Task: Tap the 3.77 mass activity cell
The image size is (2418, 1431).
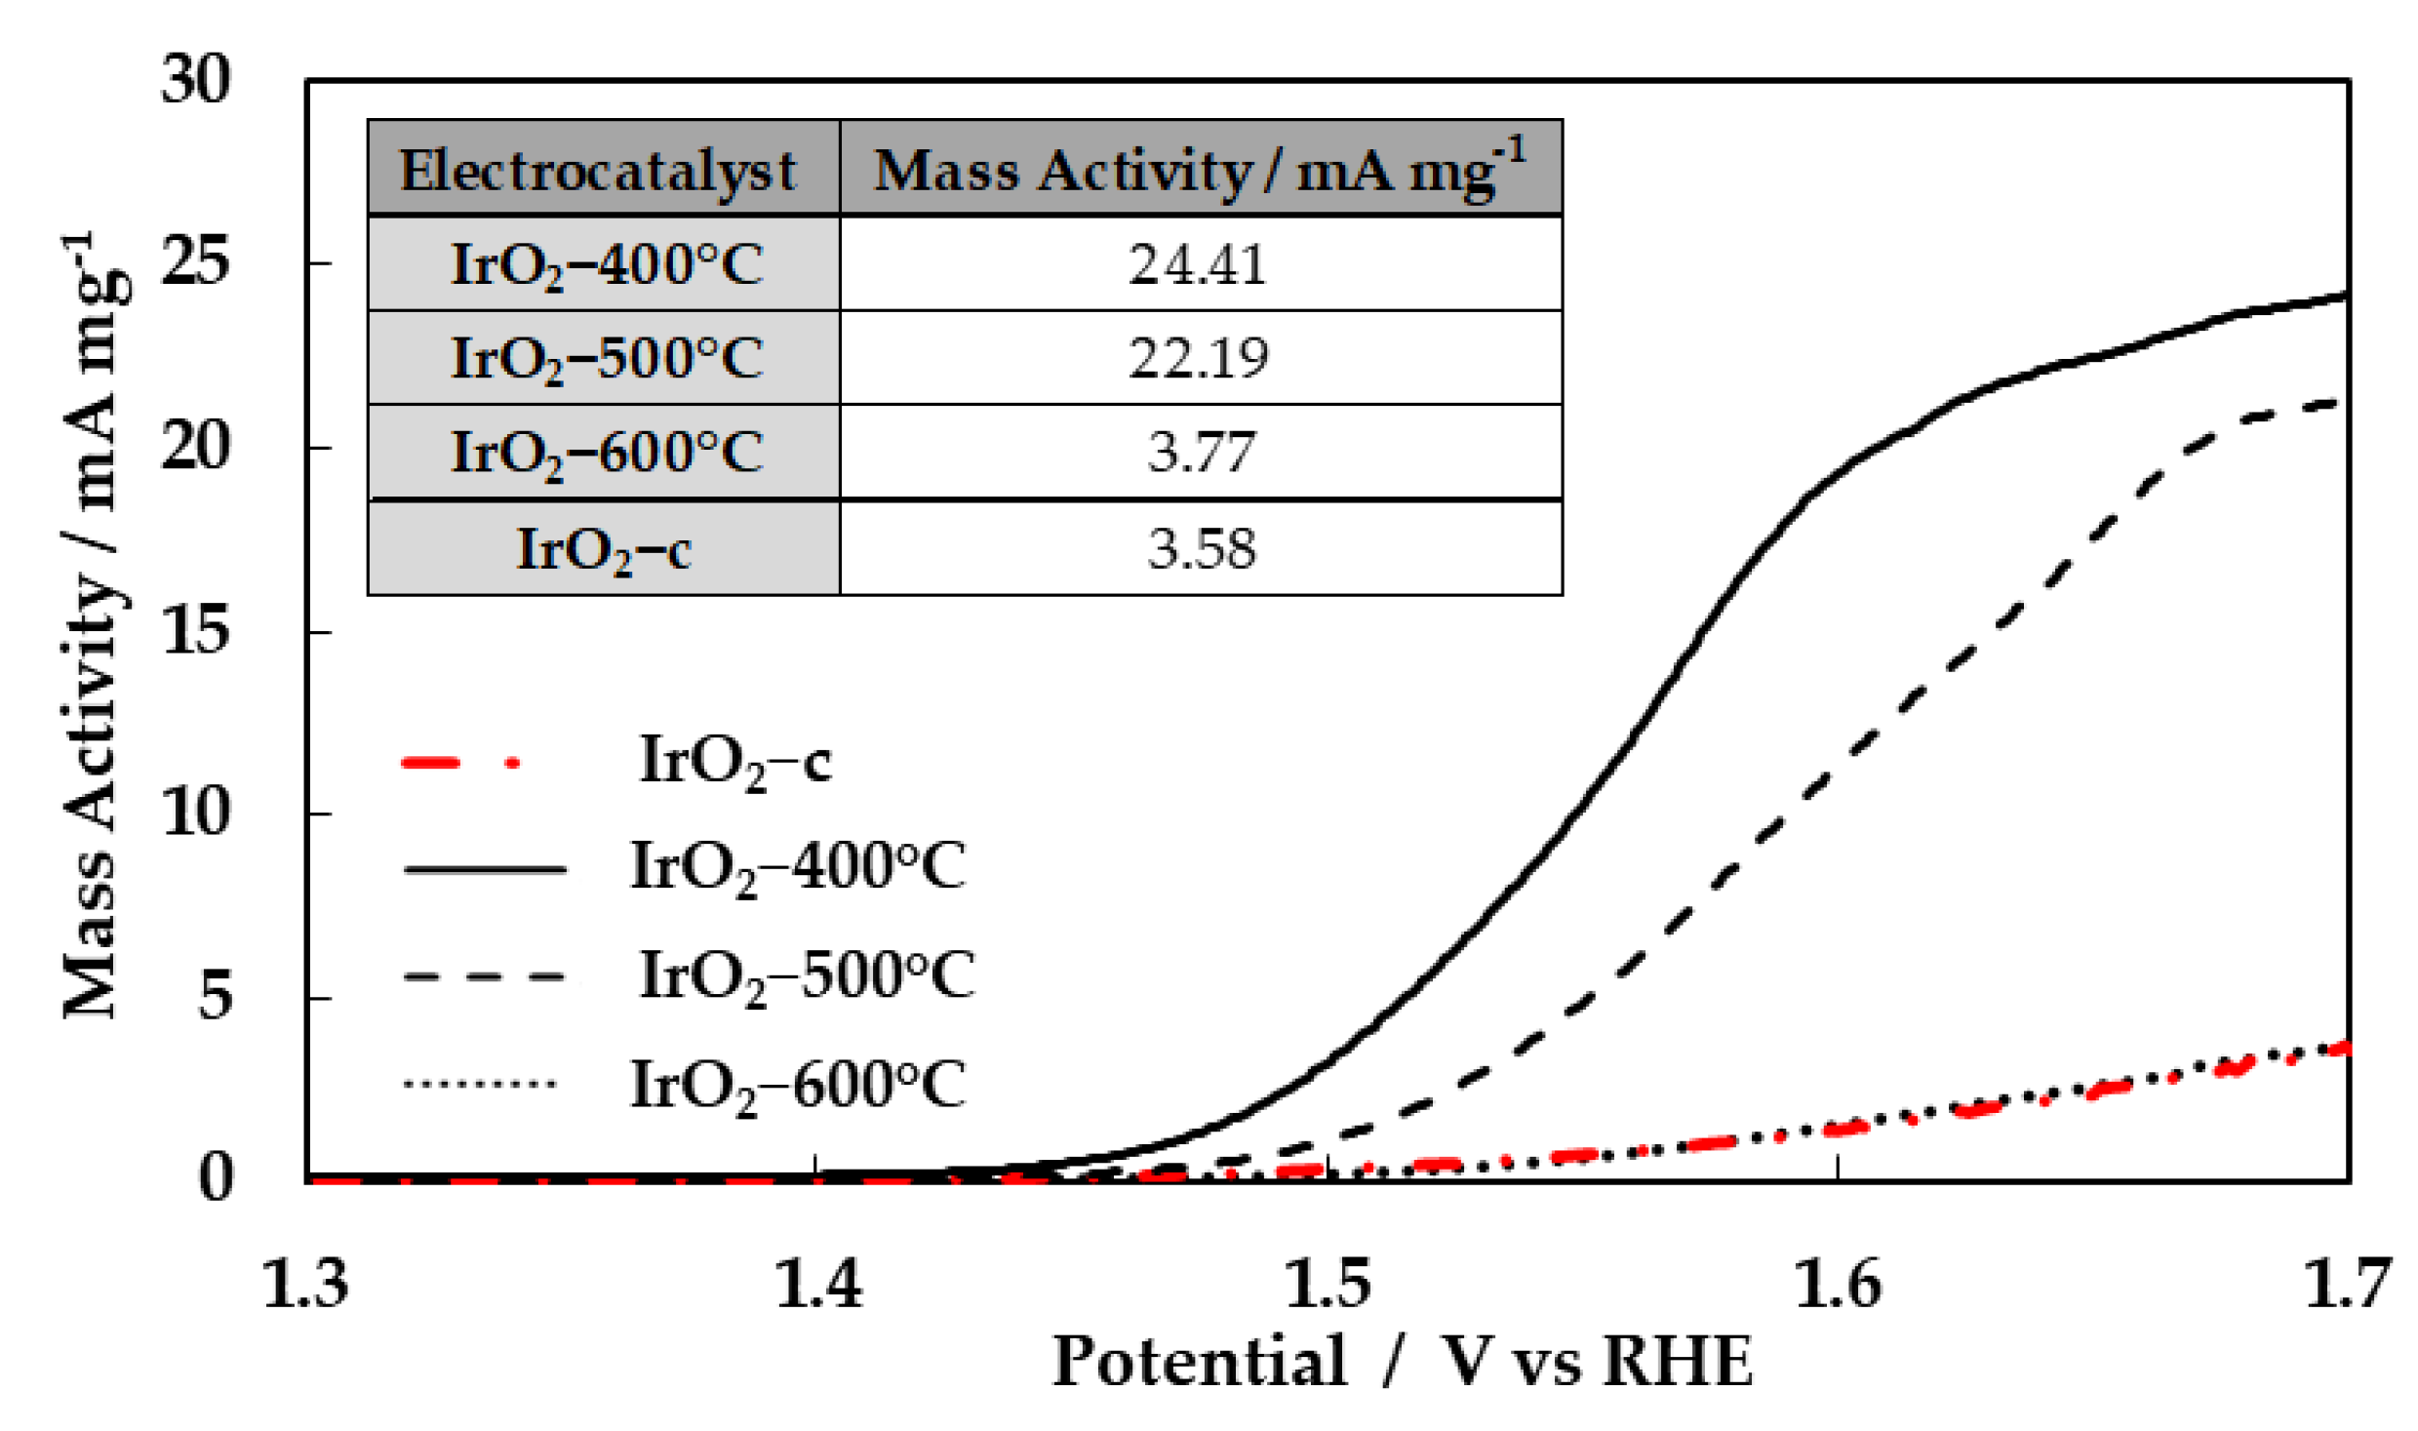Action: (x=1200, y=451)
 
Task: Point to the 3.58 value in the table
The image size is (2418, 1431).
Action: (x=1200, y=548)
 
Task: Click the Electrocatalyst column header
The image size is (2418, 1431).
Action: (x=598, y=170)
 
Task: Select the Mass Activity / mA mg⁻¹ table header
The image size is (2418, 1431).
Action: (x=1199, y=170)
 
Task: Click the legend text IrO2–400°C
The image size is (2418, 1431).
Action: (x=798, y=866)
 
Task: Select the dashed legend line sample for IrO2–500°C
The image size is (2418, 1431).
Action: (x=484, y=975)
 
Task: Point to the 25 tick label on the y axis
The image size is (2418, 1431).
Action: (x=196, y=261)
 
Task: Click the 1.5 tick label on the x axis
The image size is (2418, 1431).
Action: (x=1328, y=1284)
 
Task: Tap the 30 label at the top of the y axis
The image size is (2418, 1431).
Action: (x=196, y=78)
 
